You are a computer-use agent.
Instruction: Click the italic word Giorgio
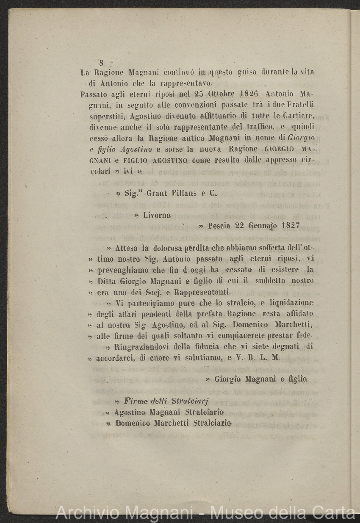(x=302, y=138)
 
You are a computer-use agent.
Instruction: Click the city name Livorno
(x=157, y=215)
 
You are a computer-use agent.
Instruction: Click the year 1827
(x=291, y=226)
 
